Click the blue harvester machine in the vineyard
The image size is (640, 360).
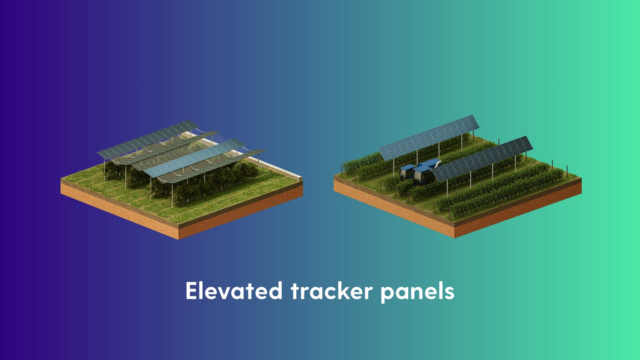(419, 171)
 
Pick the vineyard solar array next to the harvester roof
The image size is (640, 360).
(482, 159)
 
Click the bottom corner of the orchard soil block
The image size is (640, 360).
(179, 239)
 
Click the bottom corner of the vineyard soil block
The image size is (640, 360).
(454, 238)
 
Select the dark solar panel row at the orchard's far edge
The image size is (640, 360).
(148, 139)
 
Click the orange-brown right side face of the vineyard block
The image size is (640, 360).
(518, 207)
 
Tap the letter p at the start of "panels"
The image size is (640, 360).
(387, 294)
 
